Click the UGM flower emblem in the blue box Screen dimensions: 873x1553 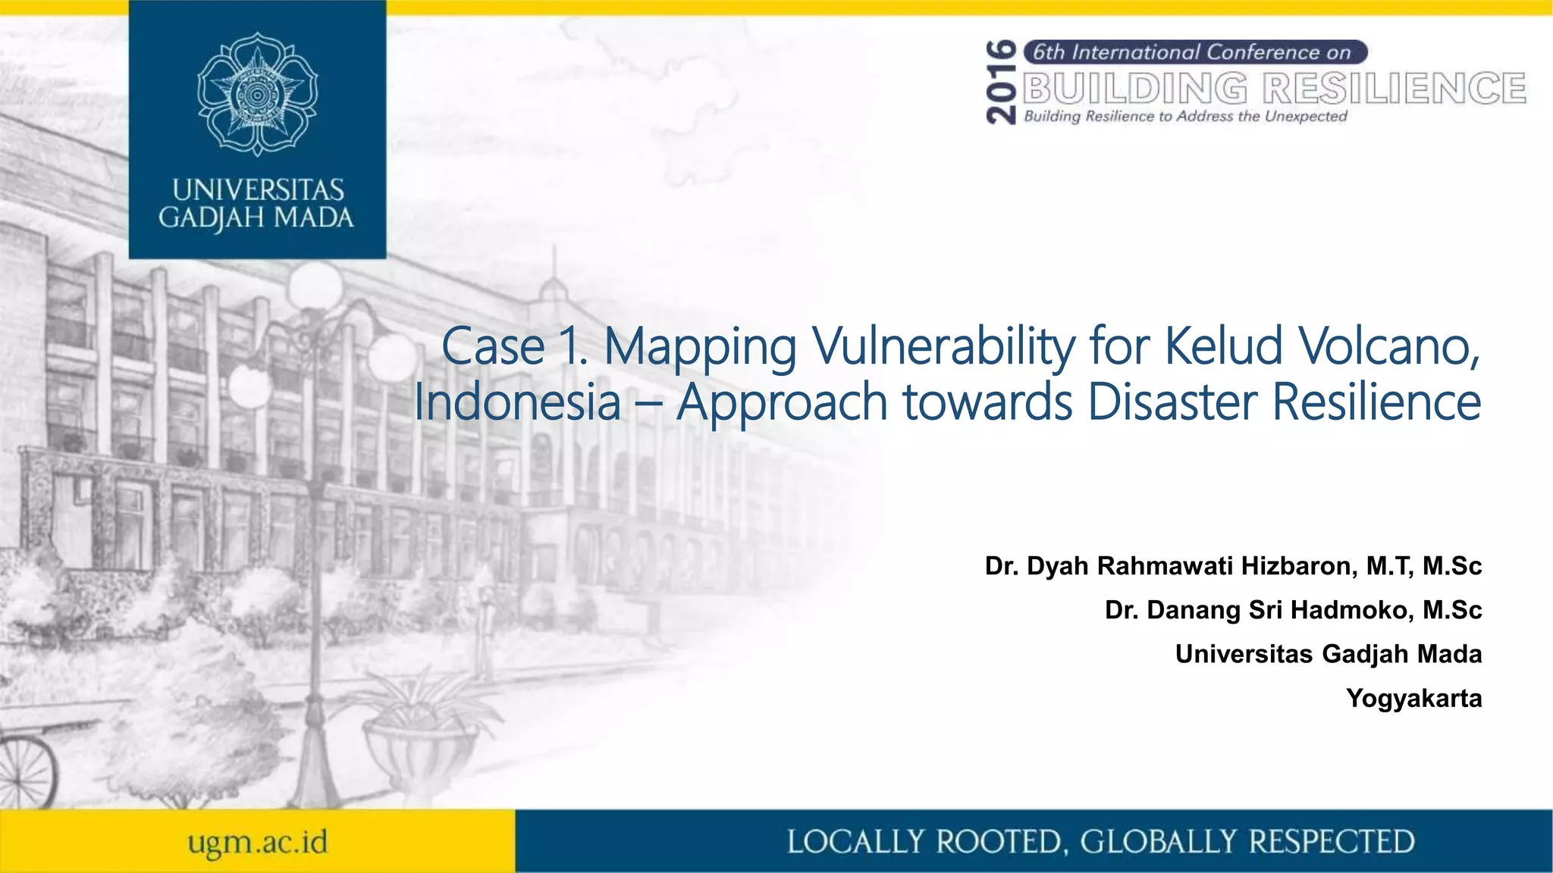tap(257, 94)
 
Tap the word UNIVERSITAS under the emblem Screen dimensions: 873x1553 tap(258, 189)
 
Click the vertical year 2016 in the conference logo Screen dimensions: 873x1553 tap(1002, 83)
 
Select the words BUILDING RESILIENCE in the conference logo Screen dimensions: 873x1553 tap(1275, 89)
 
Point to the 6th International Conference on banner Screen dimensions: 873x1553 tap(1194, 52)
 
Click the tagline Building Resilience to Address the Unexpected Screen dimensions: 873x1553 tap(1185, 116)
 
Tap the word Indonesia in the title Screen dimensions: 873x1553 tap(517, 402)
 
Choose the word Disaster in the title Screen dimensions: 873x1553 tap(1172, 402)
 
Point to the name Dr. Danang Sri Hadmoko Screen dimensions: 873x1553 tap(1259, 610)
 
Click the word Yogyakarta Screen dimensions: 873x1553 tap(1413, 698)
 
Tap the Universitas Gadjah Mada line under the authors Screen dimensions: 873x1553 tap(1328, 654)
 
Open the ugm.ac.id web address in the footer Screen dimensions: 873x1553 tap(258, 842)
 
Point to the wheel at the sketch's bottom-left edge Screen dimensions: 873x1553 tap(27, 769)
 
